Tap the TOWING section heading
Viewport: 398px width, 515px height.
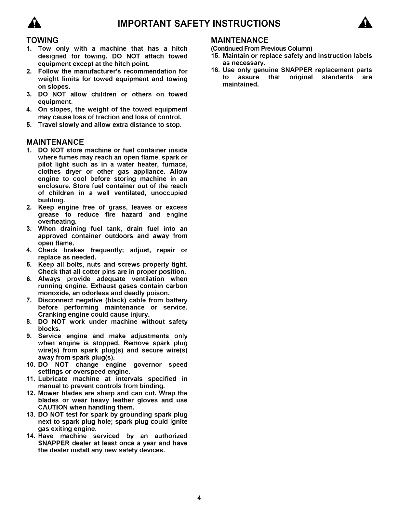pos(42,40)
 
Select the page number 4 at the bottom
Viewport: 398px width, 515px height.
pos(199,498)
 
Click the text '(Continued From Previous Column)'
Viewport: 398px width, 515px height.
pos(261,49)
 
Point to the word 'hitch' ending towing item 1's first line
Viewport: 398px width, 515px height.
pos(179,49)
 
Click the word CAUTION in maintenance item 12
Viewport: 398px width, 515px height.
pos(53,407)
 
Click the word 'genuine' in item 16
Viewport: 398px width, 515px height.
pos(266,70)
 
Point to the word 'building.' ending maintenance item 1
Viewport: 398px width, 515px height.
pos(51,200)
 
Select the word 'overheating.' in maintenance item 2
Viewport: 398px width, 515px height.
pos(57,222)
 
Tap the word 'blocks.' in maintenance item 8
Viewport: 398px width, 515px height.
pos(49,329)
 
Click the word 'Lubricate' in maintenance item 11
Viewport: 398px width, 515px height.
pos(53,379)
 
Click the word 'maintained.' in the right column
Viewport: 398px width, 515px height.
pos(241,85)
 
